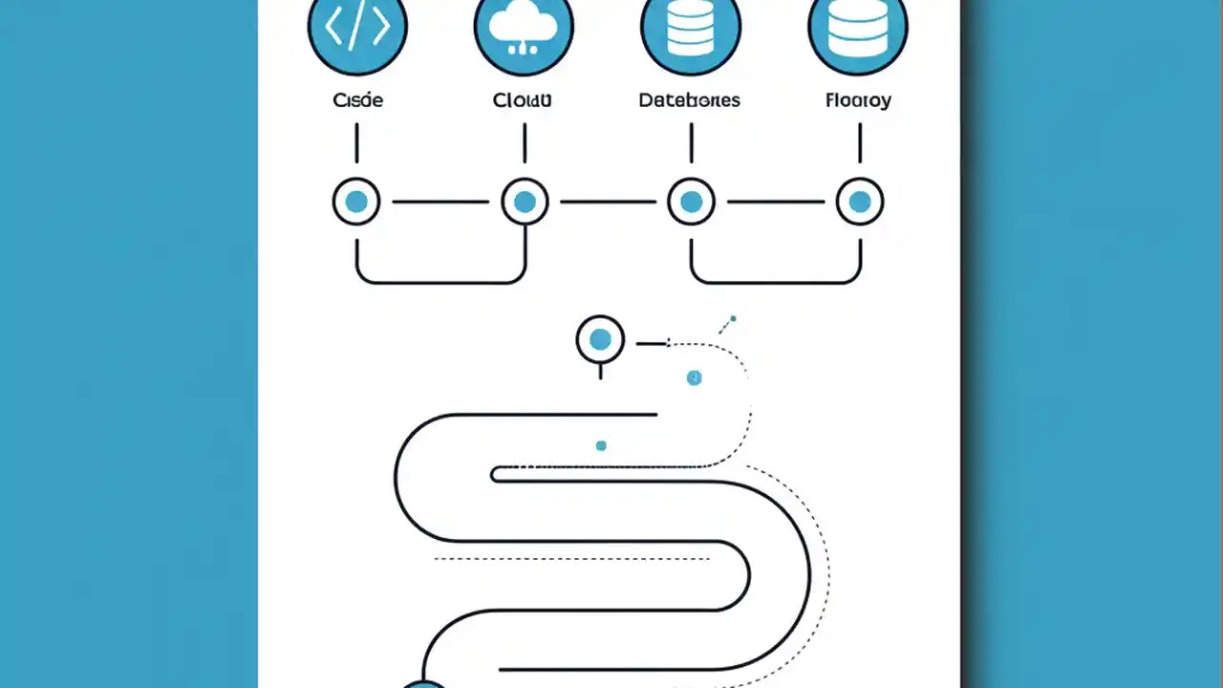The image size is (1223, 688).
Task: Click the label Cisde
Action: (357, 99)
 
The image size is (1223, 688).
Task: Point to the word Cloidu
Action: (523, 99)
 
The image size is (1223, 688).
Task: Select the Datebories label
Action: (689, 99)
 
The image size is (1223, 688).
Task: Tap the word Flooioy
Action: (858, 99)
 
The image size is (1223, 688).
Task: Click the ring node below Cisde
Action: (356, 202)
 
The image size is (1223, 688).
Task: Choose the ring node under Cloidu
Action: (525, 202)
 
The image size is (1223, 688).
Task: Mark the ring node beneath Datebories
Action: (691, 202)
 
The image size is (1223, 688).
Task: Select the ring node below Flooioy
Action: (860, 202)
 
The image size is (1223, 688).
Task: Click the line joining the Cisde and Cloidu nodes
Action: (440, 202)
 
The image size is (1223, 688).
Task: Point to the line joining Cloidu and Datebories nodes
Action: (608, 202)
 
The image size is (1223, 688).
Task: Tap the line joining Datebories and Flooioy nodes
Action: (775, 202)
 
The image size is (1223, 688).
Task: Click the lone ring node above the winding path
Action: (600, 339)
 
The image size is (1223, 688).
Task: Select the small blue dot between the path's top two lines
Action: (601, 445)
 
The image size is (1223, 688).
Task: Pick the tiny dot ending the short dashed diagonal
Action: (733, 318)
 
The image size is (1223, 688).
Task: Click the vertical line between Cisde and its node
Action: (356, 143)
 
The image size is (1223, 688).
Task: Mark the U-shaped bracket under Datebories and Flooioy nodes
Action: (775, 281)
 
